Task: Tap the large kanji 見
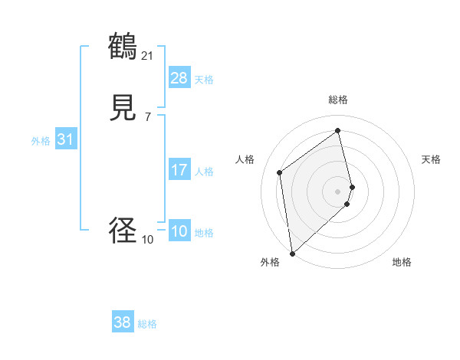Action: [123, 109]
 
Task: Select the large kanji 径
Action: [123, 231]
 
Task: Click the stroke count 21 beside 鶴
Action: [147, 55]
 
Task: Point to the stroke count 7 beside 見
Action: [147, 116]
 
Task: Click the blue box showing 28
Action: [179, 78]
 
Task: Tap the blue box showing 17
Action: [179, 170]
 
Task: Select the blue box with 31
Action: [64, 139]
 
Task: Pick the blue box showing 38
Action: [123, 322]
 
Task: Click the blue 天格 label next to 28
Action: [204, 80]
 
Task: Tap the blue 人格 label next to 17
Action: [204, 172]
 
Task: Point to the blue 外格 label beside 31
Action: [41, 141]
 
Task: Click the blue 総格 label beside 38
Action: [147, 324]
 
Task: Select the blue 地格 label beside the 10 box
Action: [204, 233]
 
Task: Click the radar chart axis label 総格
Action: [338, 100]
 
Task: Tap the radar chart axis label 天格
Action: [431, 159]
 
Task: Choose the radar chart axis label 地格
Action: [402, 262]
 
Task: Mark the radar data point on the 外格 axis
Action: [292, 253]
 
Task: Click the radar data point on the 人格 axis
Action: [279, 172]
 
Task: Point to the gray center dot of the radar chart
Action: [338, 191]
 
